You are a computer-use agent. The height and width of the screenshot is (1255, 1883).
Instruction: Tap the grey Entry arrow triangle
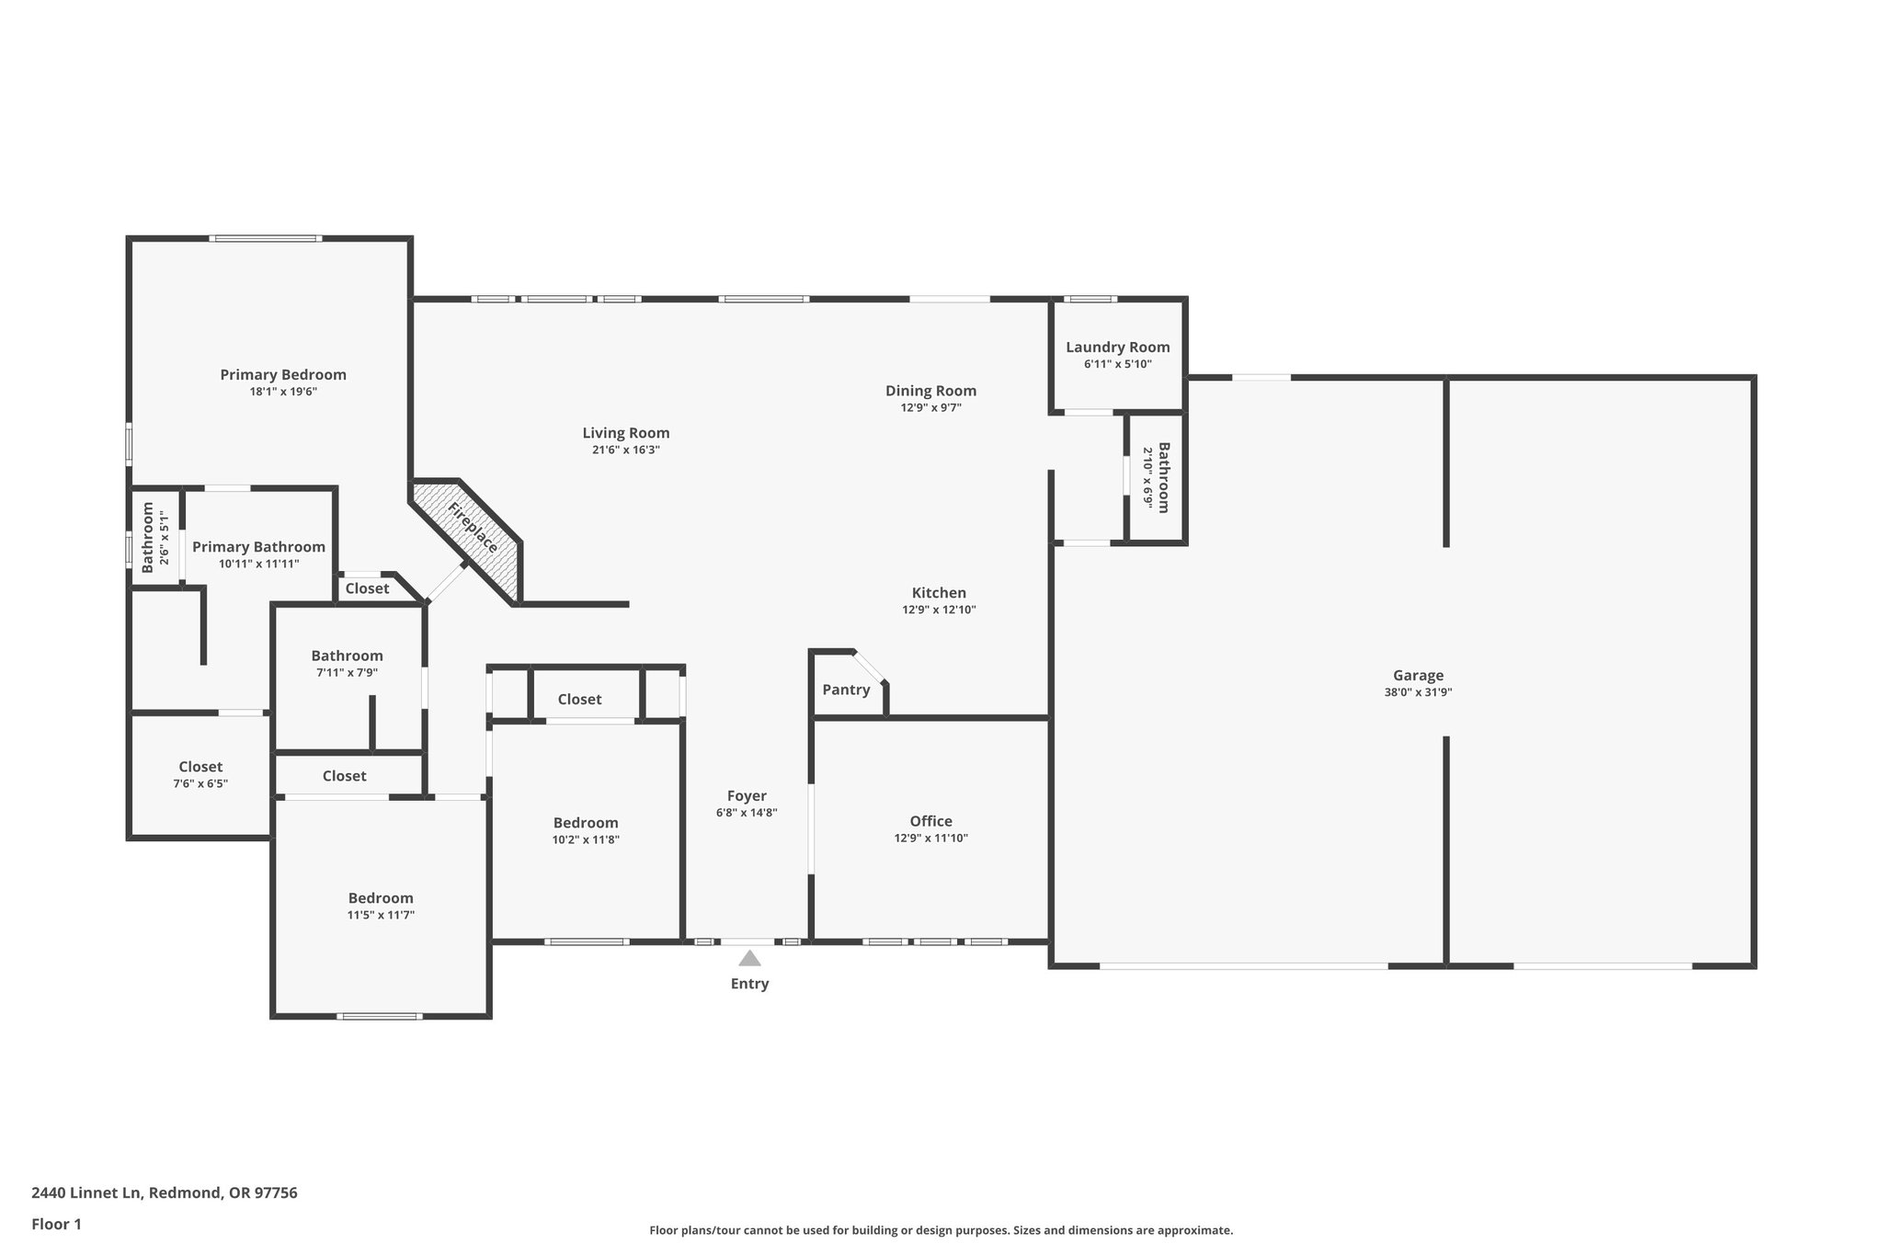[749, 958]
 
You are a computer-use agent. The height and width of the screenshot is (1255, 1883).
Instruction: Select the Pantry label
[846, 690]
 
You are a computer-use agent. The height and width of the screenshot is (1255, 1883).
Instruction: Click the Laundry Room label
[1117, 348]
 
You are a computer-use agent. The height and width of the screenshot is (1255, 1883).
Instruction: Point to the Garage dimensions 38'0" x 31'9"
[1418, 692]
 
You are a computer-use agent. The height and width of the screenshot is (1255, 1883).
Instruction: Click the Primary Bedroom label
[283, 375]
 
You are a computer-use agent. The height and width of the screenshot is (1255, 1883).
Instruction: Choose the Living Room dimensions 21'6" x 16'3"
[625, 450]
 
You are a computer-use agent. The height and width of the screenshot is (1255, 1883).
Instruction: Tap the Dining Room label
[930, 392]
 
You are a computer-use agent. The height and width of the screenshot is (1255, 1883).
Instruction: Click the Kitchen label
[939, 593]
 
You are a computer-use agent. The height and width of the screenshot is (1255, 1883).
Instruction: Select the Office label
[930, 821]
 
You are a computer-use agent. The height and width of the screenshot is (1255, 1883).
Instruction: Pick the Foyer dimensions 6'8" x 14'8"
[747, 813]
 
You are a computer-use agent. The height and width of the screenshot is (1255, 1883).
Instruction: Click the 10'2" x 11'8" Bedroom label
[586, 823]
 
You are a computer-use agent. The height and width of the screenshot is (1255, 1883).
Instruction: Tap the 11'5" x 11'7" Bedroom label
[381, 898]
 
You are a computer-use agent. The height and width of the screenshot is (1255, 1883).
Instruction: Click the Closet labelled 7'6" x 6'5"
[200, 767]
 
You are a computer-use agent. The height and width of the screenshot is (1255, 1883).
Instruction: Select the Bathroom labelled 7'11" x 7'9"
[347, 656]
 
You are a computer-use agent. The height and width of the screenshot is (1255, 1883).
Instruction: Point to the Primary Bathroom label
[258, 547]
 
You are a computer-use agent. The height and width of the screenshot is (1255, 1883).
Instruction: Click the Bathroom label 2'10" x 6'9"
[1163, 478]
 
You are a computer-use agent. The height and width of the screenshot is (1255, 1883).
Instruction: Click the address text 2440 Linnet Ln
[86, 1192]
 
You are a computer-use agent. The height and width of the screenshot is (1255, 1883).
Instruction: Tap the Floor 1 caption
[56, 1224]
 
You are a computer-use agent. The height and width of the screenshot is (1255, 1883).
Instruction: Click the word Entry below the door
[749, 984]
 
